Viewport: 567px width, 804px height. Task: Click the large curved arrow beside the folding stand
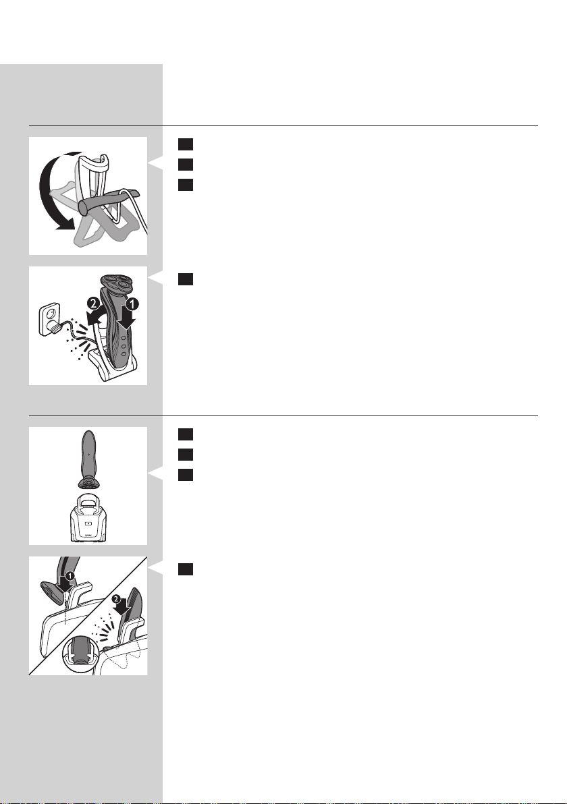pos(43,190)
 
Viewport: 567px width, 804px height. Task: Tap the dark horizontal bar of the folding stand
pos(106,200)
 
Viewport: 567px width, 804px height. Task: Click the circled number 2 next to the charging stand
pos(93,304)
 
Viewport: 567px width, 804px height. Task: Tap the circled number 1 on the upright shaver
pos(132,304)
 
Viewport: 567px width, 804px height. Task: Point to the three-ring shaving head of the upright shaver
pos(116,283)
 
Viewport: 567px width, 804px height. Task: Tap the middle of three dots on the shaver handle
pos(123,345)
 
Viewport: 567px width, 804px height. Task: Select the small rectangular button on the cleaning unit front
pos(88,524)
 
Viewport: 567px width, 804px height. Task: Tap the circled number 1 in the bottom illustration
pos(70,576)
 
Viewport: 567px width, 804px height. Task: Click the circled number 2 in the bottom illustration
pos(116,598)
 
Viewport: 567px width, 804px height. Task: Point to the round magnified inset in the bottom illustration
pos(80,654)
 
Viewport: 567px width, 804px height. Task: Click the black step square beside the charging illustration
pos(186,279)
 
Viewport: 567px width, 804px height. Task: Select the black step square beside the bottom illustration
pos(186,569)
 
